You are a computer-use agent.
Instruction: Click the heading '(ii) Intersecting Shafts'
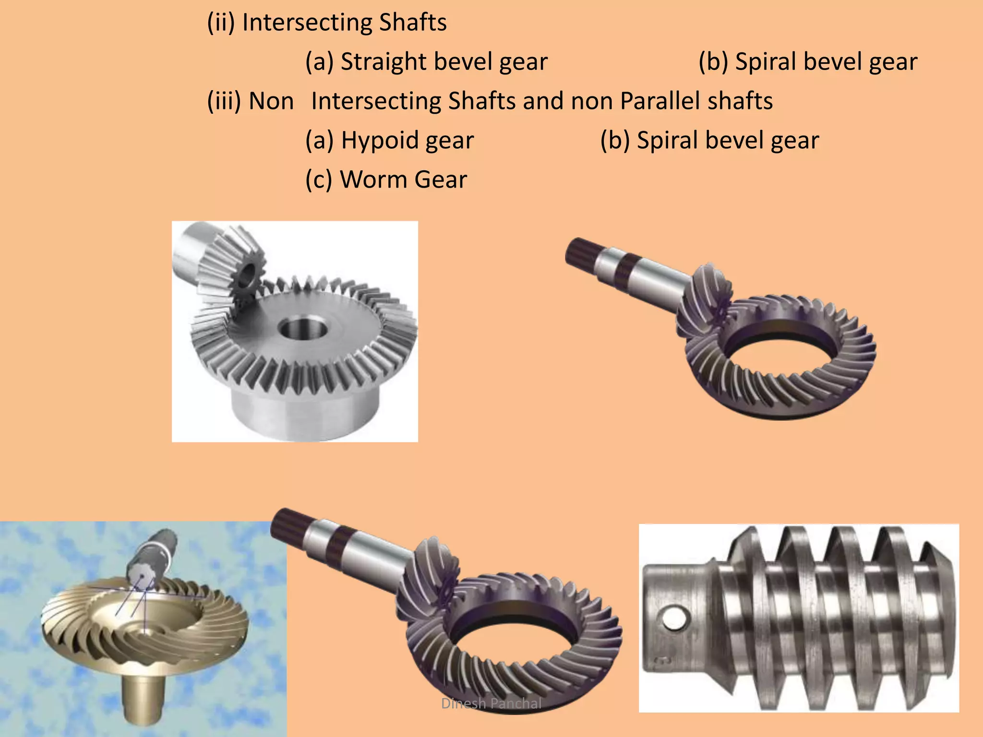tap(326, 23)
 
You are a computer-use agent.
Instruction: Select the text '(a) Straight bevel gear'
tap(426, 62)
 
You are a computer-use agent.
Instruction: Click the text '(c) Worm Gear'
tap(386, 180)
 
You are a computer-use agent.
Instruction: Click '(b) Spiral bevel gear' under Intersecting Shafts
tap(807, 62)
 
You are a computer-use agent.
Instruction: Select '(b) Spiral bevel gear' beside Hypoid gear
tap(709, 141)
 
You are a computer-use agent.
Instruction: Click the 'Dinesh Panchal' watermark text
tap(491, 703)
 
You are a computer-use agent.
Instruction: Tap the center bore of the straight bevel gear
tap(303, 330)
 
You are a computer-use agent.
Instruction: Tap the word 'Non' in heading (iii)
tap(271, 101)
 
